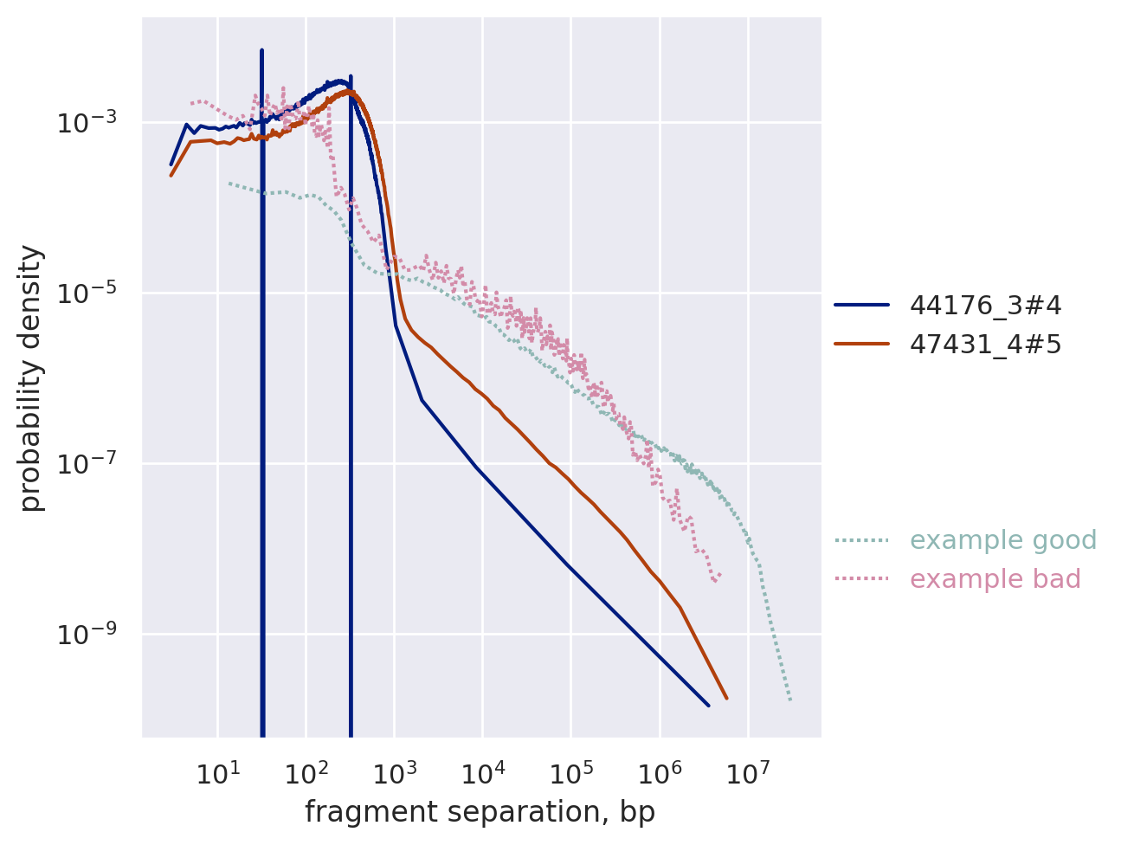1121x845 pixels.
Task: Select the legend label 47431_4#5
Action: coord(985,345)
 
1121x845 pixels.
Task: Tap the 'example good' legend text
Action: coord(1003,540)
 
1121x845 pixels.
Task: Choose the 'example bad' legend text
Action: coord(995,579)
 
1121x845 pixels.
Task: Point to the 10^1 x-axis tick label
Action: coord(217,773)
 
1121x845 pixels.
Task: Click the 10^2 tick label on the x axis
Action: coord(306,773)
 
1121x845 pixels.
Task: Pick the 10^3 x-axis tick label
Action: coord(394,773)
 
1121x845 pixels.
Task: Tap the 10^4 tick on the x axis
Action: coord(483,773)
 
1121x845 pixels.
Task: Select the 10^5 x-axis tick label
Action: coord(571,773)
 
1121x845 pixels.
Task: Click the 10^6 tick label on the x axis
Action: coord(660,773)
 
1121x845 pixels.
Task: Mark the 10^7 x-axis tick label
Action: coord(748,773)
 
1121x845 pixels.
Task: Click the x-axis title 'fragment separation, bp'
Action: coord(480,813)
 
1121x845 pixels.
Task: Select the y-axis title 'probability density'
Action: coord(31,377)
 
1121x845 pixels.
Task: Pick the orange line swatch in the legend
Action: coord(861,345)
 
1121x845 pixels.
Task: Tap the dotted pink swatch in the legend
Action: coord(861,579)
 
